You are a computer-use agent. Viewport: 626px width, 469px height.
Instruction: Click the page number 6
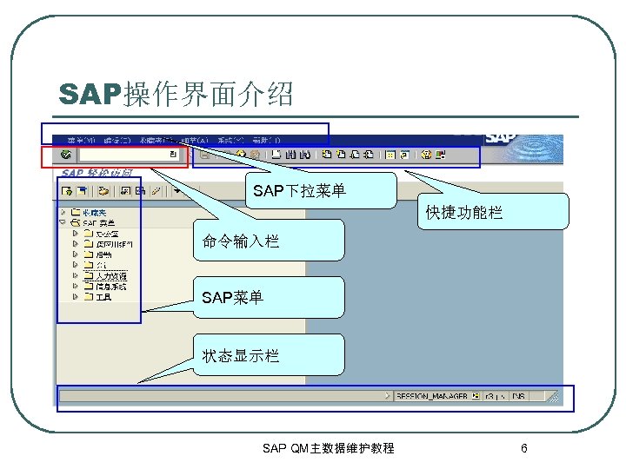523,448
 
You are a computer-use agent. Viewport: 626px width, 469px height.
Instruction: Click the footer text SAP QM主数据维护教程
328,448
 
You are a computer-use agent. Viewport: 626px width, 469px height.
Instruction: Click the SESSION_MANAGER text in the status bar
431,396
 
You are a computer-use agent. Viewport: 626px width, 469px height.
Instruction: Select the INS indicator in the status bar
518,396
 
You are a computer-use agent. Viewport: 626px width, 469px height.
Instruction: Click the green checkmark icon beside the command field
66,155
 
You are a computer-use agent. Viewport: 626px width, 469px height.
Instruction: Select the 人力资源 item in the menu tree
110,275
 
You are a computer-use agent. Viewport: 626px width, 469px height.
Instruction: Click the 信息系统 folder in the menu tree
110,286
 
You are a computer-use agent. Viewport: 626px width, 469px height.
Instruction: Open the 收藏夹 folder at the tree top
93,211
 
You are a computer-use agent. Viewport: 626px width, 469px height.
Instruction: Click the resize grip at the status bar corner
553,397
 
